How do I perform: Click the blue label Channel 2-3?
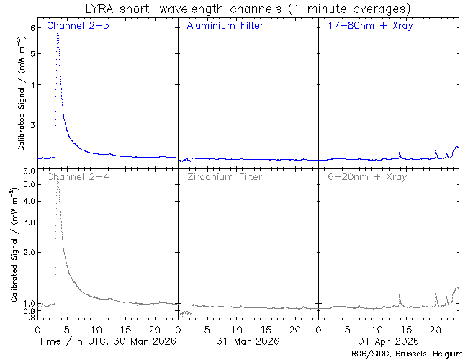(73, 26)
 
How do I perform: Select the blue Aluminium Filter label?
(225, 26)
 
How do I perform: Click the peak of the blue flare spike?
(58, 32)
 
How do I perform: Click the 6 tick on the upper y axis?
(32, 27)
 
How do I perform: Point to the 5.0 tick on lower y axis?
(29, 184)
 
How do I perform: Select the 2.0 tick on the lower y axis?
(29, 252)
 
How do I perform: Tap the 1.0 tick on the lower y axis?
(29, 303)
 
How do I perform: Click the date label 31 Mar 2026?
(248, 341)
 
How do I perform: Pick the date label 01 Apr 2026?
(388, 341)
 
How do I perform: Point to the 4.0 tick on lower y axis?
(29, 201)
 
